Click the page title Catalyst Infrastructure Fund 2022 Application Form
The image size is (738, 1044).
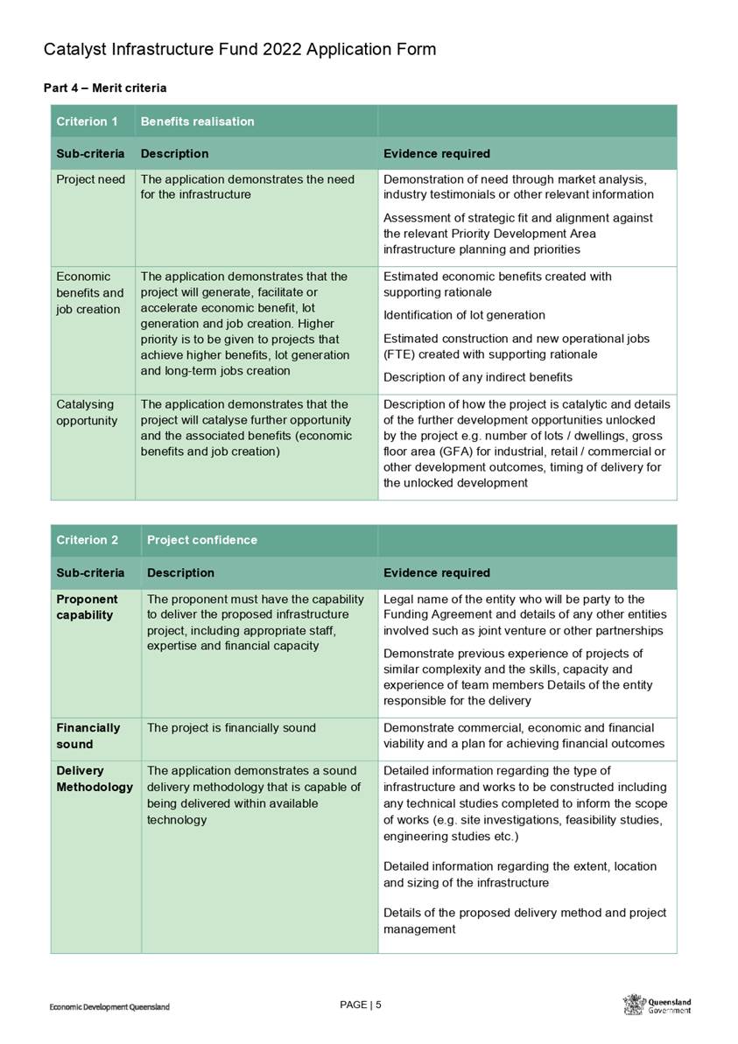[x=239, y=49]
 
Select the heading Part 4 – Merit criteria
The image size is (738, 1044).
[x=105, y=88]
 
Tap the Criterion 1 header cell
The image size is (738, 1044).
[x=88, y=122]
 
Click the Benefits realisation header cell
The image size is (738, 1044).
[x=197, y=122]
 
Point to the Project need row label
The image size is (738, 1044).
[x=90, y=179]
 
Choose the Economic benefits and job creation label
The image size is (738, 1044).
[x=90, y=293]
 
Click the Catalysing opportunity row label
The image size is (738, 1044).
[x=86, y=412]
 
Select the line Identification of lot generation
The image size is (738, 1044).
[x=464, y=315]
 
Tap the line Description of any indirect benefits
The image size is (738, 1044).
[x=478, y=377]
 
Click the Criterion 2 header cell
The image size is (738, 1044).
[x=88, y=540]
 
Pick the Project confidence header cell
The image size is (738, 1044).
[x=202, y=540]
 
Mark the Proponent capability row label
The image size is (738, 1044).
[x=87, y=607]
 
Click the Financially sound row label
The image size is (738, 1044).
[x=88, y=736]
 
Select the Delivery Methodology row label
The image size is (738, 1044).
[x=95, y=779]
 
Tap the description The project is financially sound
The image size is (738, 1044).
[x=230, y=728]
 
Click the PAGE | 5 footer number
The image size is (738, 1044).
[x=360, y=1005]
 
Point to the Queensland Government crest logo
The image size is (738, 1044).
[x=634, y=1005]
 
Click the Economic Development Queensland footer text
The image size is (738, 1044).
[x=109, y=1007]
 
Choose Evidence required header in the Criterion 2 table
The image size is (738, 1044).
[x=437, y=573]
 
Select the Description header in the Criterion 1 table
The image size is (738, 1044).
[x=174, y=154]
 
